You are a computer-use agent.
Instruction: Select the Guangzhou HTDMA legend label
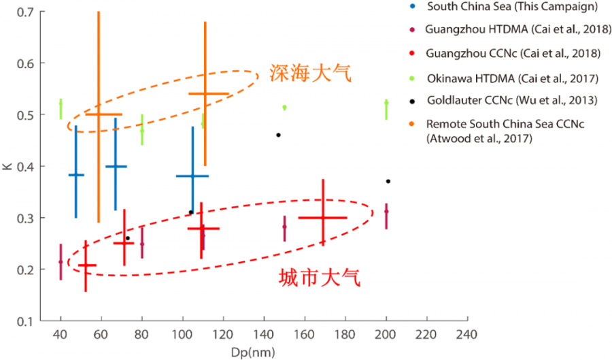pos(517,30)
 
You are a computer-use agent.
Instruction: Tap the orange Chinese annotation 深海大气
pos(311,73)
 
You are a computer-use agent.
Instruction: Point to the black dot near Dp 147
pos(278,135)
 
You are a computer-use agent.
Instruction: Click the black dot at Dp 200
pos(388,181)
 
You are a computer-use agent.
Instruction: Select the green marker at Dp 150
pos(284,108)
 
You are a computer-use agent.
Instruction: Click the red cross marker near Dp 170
pos(322,218)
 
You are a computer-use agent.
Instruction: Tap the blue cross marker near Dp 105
pos(192,176)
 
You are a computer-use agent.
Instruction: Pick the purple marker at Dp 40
pos(61,262)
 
